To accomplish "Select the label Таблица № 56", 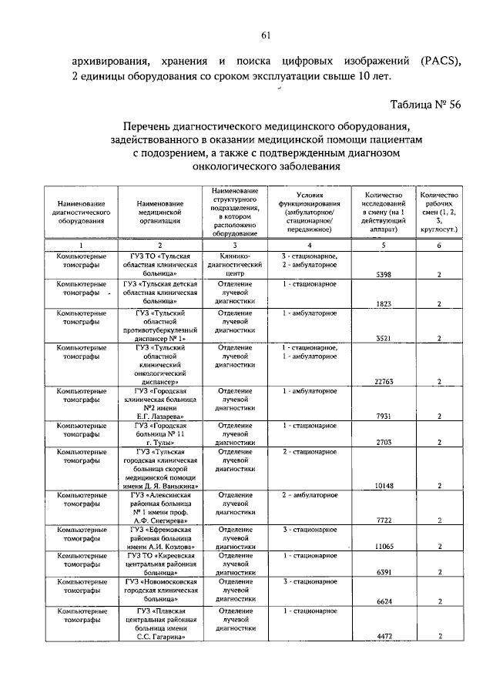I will [x=425, y=105].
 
